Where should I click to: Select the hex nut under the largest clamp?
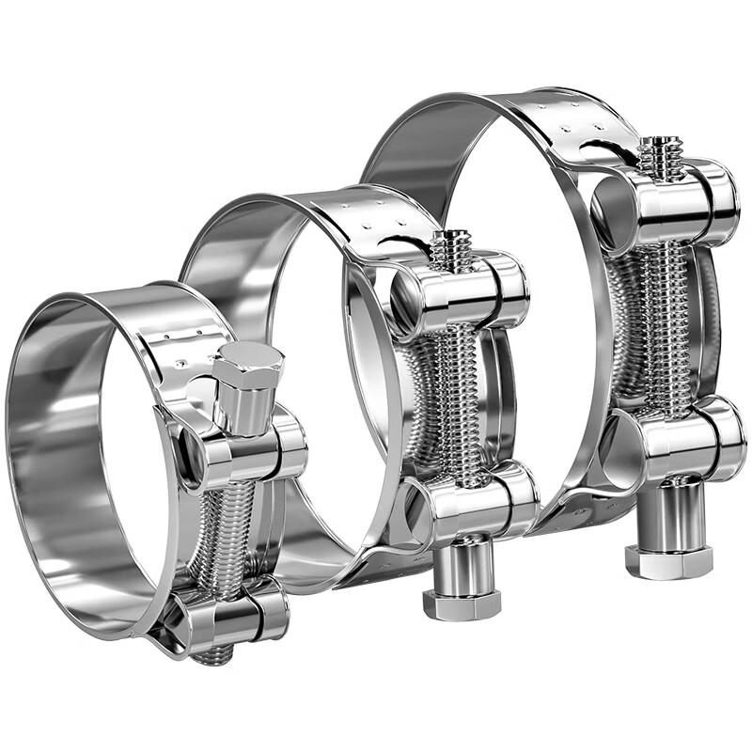coord(668,560)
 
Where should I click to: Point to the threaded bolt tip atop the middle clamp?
coord(457,247)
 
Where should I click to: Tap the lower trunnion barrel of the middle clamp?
coord(476,502)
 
